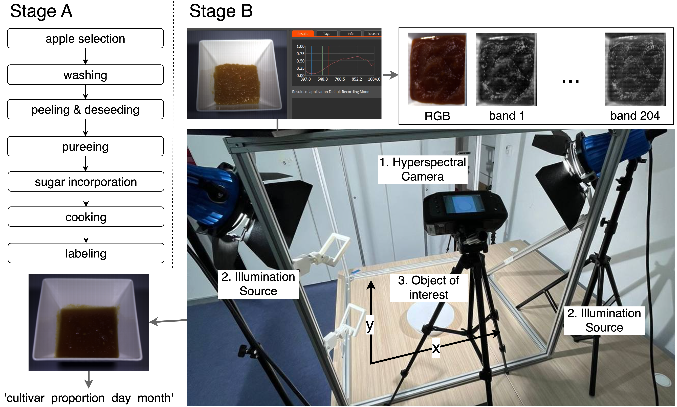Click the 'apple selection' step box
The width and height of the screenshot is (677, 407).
point(85,38)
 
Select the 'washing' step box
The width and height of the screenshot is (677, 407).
point(85,75)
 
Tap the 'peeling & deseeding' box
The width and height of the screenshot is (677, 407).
point(85,109)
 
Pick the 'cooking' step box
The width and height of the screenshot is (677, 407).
point(86,217)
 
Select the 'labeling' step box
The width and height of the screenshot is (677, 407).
point(86,253)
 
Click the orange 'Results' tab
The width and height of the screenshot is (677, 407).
point(303,33)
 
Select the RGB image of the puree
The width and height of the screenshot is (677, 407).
point(437,69)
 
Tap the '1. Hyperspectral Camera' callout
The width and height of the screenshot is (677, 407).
point(422,169)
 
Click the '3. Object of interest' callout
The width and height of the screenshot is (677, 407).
point(429,287)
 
